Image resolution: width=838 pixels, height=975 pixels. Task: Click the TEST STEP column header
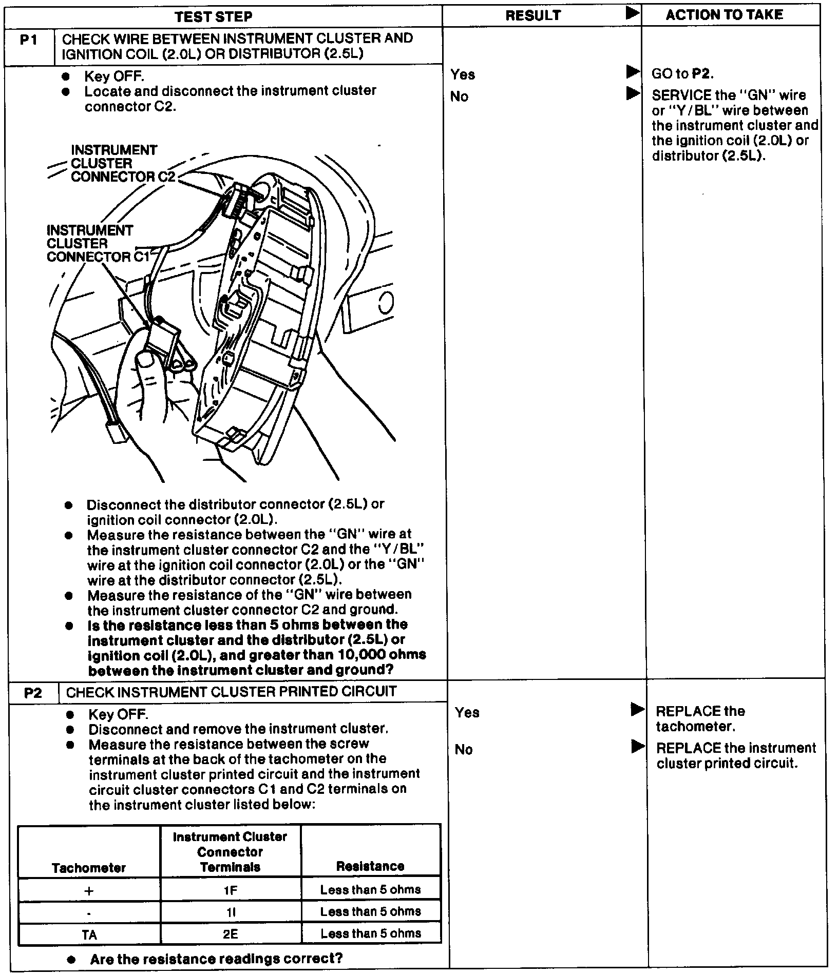213,16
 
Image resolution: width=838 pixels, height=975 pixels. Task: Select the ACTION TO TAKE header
724,15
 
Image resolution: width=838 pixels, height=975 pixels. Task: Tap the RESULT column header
533,16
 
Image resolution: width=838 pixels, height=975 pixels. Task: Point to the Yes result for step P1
463,75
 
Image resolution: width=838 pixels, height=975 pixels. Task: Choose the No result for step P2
464,750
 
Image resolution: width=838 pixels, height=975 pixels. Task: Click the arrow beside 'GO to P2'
633,72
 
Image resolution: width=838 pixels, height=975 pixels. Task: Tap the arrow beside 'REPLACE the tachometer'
637,710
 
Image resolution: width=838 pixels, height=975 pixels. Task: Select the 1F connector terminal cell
231,889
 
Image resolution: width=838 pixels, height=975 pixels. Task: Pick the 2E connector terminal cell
230,933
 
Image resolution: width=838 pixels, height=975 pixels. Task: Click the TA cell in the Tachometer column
89,934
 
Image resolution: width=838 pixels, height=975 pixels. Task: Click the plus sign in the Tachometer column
89,891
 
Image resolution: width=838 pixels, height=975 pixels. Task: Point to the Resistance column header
370,866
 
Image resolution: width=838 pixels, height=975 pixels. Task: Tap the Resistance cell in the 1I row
371,911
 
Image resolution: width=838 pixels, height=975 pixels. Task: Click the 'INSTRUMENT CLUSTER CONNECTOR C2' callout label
122,164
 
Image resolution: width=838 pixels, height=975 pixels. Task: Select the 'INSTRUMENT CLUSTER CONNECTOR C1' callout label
97,244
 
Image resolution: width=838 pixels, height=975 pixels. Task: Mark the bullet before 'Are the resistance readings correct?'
72,959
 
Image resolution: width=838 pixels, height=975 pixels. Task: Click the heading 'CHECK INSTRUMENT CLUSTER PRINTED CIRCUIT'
231,692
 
